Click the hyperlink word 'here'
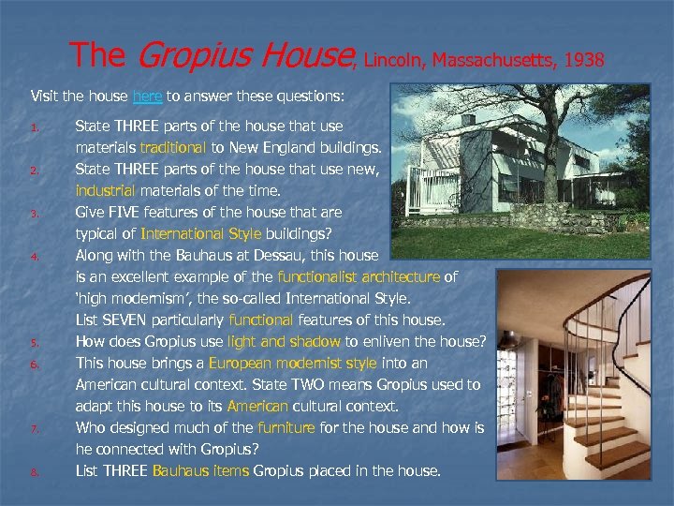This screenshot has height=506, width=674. click(x=147, y=96)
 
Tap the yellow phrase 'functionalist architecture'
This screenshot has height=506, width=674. click(x=359, y=277)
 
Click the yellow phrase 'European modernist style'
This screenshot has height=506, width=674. click(x=293, y=364)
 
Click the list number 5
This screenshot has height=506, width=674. click(x=33, y=343)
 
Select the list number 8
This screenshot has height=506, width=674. click(x=33, y=472)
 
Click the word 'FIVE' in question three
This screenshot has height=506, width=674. click(x=126, y=213)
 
